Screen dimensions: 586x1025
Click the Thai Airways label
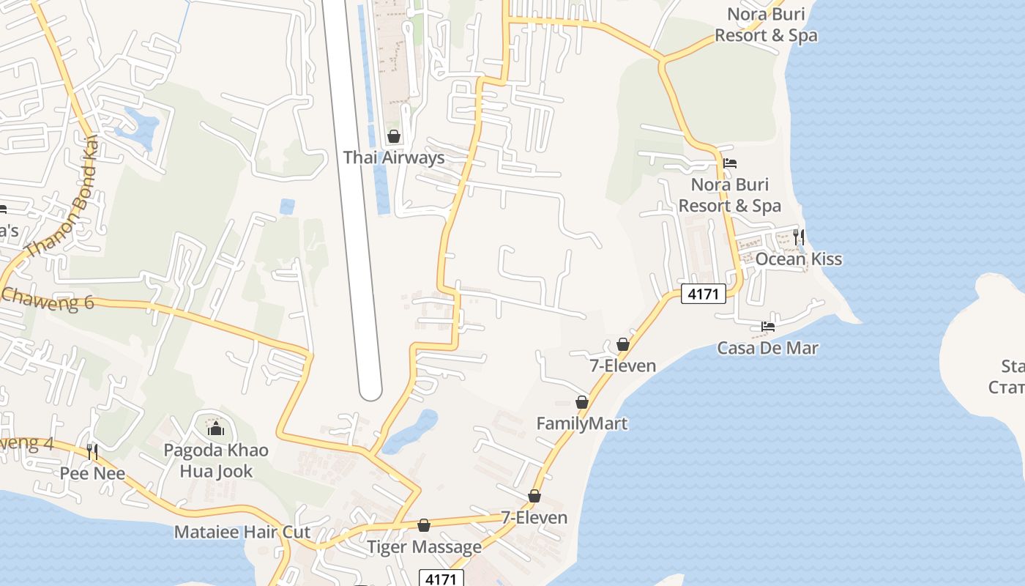pyautogui.click(x=394, y=157)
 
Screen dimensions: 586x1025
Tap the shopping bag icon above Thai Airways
pyautogui.click(x=394, y=136)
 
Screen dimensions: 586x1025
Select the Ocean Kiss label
pyautogui.click(x=798, y=259)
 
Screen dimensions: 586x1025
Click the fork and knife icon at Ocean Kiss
pyautogui.click(x=799, y=237)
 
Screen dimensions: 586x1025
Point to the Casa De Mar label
pyautogui.click(x=767, y=348)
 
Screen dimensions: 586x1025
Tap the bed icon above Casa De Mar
pyautogui.click(x=767, y=326)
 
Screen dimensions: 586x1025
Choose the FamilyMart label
pyautogui.click(x=581, y=423)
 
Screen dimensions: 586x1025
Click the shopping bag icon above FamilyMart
pyautogui.click(x=582, y=402)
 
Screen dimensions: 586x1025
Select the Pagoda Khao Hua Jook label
pyautogui.click(x=215, y=460)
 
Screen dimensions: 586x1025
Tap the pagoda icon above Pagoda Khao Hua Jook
pyautogui.click(x=216, y=428)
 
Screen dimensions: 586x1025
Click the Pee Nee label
pyautogui.click(x=92, y=473)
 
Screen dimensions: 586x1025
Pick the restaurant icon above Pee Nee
pyautogui.click(x=92, y=451)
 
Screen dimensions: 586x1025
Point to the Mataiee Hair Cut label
pyautogui.click(x=242, y=532)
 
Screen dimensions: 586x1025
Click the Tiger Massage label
pyautogui.click(x=424, y=546)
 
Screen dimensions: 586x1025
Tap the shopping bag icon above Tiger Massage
pyautogui.click(x=424, y=525)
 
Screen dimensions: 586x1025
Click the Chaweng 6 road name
pyautogui.click(x=48, y=298)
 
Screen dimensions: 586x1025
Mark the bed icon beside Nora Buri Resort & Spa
pyautogui.click(x=729, y=163)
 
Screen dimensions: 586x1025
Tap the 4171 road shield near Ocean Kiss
pyautogui.click(x=703, y=294)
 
